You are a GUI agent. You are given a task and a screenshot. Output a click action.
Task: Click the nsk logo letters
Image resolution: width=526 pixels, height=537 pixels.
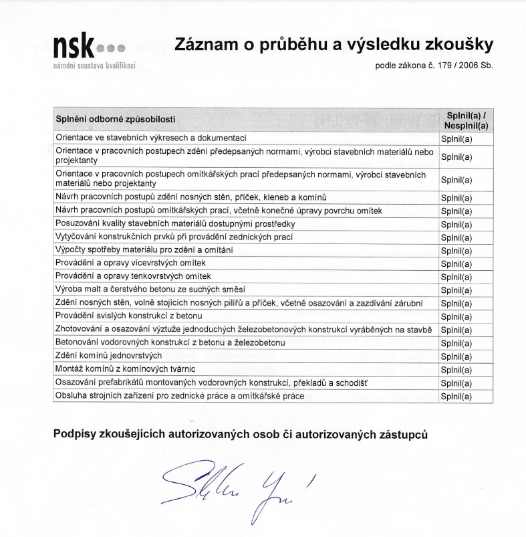pos(74,46)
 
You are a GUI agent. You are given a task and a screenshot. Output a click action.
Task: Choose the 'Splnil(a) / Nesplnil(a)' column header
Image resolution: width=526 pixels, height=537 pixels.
pos(465,119)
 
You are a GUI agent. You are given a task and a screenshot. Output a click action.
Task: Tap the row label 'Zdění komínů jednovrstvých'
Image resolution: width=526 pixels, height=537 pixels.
pos(108,356)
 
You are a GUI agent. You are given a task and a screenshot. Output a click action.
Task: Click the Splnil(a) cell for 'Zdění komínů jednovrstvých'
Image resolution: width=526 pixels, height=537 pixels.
pos(456,356)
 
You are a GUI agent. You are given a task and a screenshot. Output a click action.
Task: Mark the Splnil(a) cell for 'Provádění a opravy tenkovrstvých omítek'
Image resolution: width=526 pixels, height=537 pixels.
pos(456,276)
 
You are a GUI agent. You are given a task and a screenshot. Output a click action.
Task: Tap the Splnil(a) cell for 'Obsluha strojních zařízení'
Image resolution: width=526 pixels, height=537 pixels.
pos(456,397)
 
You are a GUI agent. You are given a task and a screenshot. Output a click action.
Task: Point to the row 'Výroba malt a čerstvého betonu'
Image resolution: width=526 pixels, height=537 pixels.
pos(150,289)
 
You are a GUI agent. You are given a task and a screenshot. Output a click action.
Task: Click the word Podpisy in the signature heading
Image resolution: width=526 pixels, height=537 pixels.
pos(78,433)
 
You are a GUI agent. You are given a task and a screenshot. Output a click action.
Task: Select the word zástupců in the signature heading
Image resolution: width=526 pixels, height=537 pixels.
pos(401,433)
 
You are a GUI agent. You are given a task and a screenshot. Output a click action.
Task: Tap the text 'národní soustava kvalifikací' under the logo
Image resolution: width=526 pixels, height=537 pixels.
pos(94,68)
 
